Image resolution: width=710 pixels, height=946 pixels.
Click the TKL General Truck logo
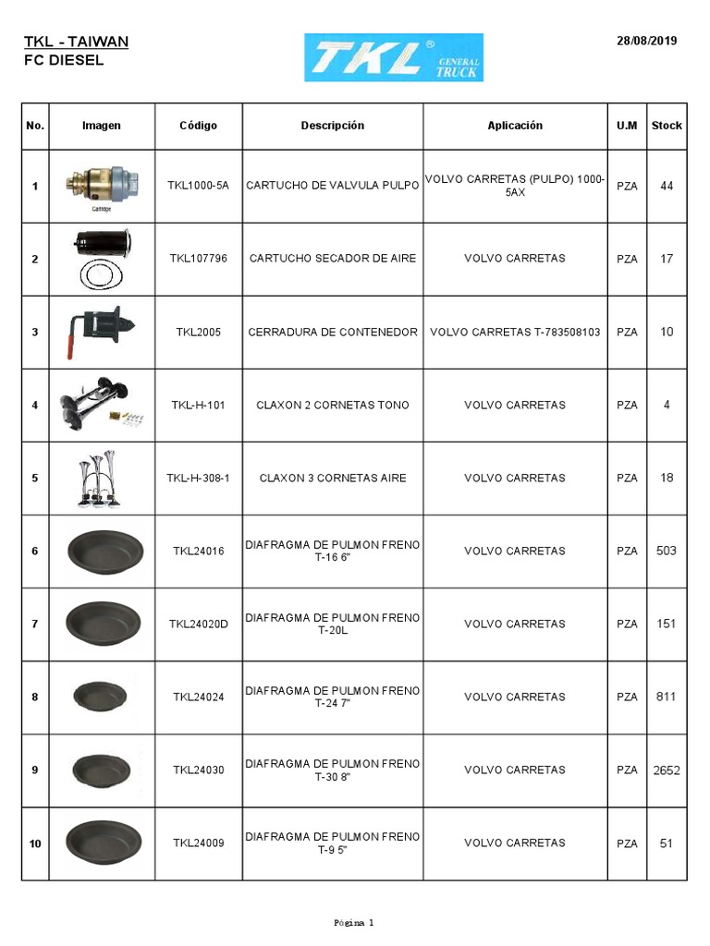[394, 57]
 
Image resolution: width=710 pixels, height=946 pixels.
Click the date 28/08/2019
[646, 41]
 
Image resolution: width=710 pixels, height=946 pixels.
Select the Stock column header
[667, 126]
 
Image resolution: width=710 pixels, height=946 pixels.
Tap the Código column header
[198, 126]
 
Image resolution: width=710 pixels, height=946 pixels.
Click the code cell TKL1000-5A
[198, 186]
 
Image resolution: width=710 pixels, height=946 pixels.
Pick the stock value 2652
[667, 770]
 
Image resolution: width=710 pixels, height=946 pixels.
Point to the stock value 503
[667, 551]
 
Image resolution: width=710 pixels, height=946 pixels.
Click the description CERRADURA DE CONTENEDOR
[333, 332]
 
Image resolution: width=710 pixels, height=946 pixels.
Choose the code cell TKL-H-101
[198, 406]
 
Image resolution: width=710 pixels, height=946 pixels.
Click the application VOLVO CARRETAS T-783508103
[515, 332]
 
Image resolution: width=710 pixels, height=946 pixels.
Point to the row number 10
[35, 843]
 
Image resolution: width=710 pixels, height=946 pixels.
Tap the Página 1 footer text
[354, 922]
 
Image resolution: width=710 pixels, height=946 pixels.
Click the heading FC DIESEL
[64, 61]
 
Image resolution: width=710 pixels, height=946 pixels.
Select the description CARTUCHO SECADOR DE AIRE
[333, 259]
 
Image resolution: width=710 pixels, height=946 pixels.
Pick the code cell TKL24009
[198, 843]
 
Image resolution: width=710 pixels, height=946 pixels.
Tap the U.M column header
[627, 126]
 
